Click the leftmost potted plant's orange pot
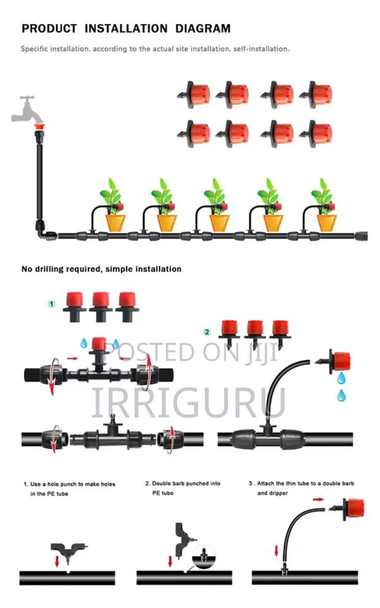pos(115,222)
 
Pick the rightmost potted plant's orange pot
pos(324,222)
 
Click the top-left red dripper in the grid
pos(196,94)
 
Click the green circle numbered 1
pos(52,303)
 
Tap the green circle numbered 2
pos(207,332)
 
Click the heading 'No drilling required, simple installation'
pos(101,268)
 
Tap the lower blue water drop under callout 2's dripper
pos(341,395)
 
